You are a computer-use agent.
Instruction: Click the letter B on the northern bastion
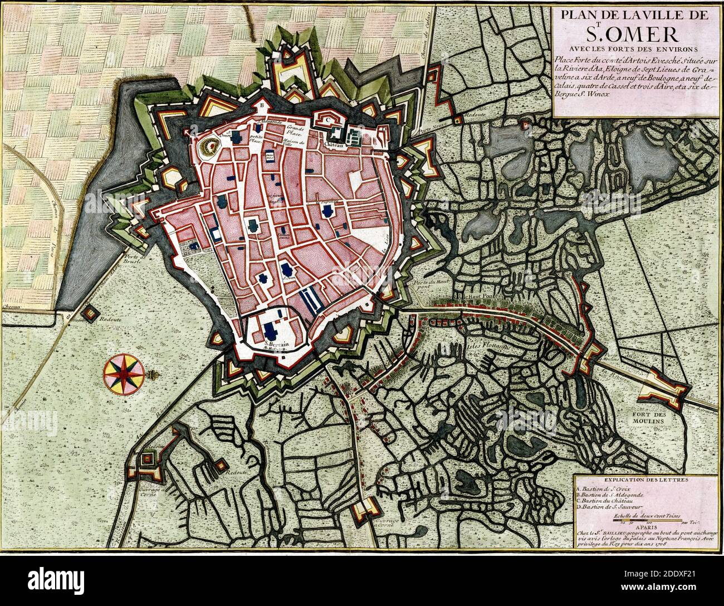click(260, 104)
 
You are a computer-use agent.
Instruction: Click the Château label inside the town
click(333, 144)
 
